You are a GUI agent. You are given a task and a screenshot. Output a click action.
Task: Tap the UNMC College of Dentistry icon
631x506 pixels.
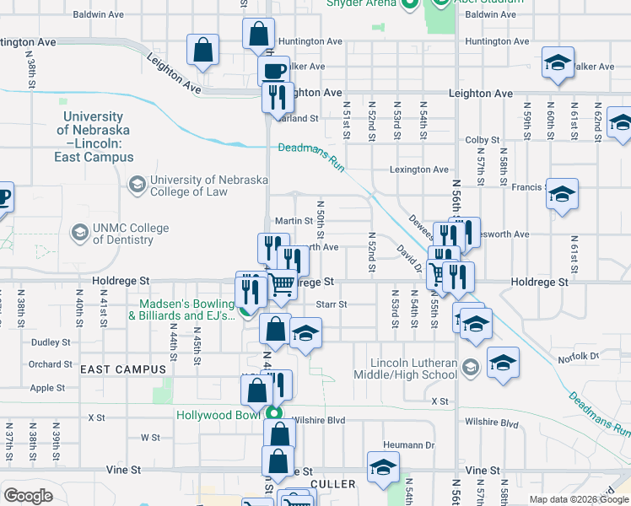(80, 233)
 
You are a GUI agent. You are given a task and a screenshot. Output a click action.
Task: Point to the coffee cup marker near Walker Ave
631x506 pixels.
(273, 71)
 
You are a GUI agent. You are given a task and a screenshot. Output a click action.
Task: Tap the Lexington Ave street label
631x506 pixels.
(418, 170)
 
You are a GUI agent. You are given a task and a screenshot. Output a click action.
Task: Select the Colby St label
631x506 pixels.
(483, 140)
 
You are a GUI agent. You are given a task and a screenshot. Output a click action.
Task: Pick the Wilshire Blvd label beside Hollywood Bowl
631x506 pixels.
(319, 420)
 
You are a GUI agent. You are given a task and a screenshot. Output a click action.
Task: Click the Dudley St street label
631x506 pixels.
(51, 342)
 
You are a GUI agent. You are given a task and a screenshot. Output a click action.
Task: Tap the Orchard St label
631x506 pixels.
(50, 364)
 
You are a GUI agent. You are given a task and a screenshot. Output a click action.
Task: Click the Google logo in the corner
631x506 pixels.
(28, 496)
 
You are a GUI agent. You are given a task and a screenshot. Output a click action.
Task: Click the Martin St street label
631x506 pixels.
(299, 221)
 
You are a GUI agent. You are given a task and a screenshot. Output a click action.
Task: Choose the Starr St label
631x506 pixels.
(331, 304)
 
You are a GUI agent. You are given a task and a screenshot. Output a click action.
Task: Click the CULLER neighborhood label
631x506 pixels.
(332, 484)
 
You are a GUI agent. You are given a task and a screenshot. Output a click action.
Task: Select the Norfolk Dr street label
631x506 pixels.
(578, 358)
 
